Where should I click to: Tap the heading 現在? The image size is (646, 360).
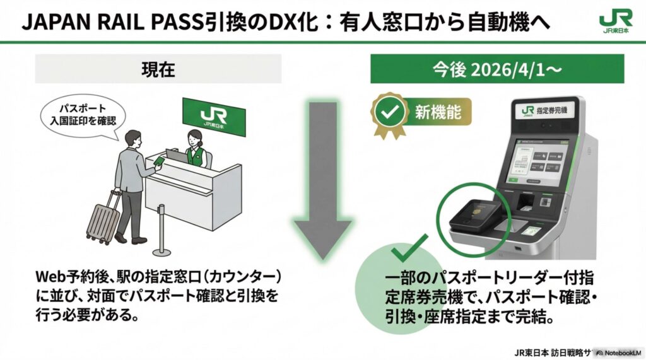pyautogui.click(x=158, y=69)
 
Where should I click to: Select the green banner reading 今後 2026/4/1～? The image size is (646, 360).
pyautogui.click(x=497, y=69)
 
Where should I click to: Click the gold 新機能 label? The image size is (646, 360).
pyautogui.click(x=437, y=113)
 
